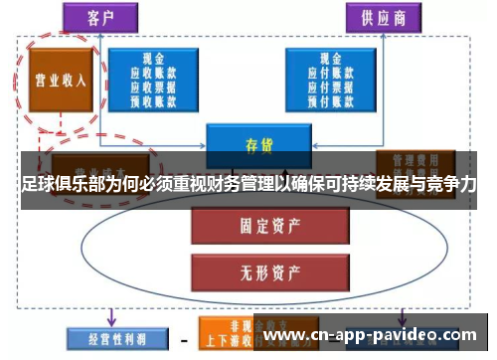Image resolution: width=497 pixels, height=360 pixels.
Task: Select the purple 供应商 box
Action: (382, 17)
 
